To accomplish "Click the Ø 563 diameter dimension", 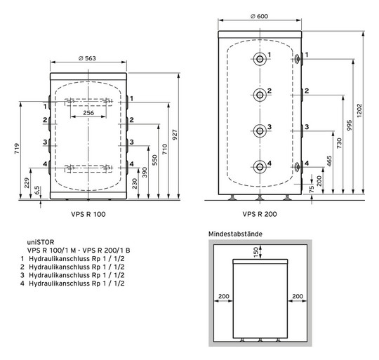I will (88, 59).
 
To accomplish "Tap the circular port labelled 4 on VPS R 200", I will (260, 166).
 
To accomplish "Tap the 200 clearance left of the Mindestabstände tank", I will (223, 296).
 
